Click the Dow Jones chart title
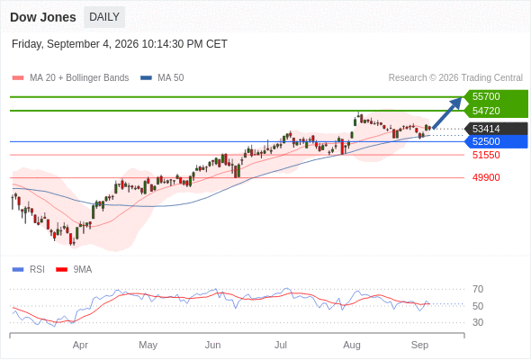coord(43,17)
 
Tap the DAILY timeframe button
coord(104,17)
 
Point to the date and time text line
coord(120,44)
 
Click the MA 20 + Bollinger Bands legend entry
coord(70,78)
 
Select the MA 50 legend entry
coord(162,78)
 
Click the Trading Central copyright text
coord(455,78)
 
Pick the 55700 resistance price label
coord(486,96)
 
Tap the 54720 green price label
coord(486,111)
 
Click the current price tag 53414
coord(486,129)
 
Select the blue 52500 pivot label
coord(486,141)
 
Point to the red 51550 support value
coord(486,155)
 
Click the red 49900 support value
coord(486,177)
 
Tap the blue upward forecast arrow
coord(447,113)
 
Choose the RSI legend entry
coord(28,270)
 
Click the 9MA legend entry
coord(74,270)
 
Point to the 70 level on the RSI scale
coord(478,289)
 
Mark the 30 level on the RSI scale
coord(478,322)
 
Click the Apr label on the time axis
coord(80,345)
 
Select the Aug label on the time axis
coord(352,345)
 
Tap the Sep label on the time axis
coord(419,345)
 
